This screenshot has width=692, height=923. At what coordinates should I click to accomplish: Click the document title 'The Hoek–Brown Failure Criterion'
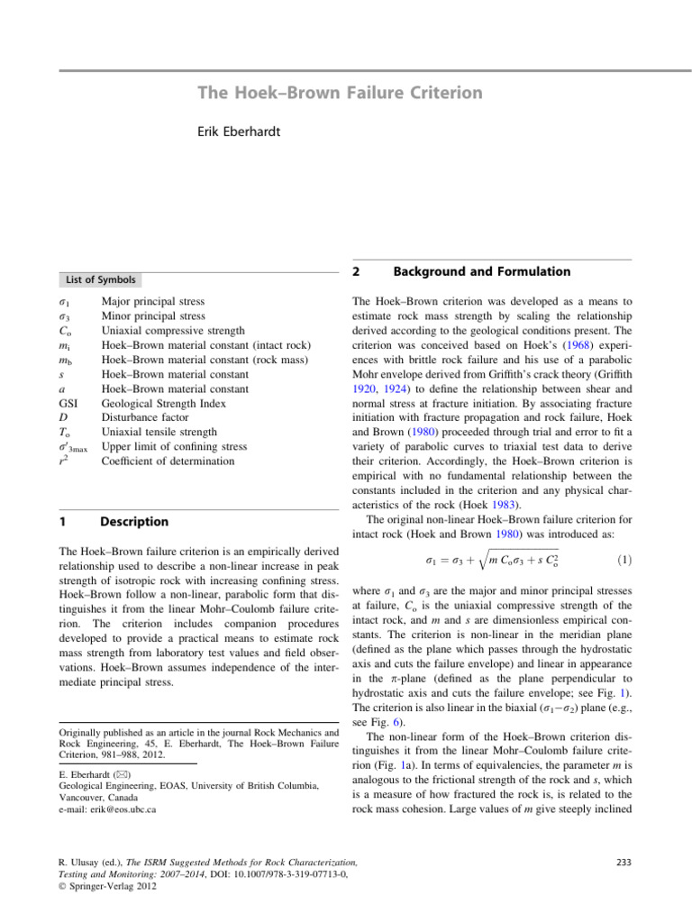pyautogui.click(x=340, y=93)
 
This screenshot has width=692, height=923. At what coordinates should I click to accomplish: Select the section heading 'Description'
pyautogui.click(x=133, y=521)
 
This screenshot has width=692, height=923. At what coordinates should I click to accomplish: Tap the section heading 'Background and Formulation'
pyautogui.click(x=481, y=271)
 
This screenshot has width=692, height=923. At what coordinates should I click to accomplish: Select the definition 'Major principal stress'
pyautogui.click(x=153, y=300)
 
